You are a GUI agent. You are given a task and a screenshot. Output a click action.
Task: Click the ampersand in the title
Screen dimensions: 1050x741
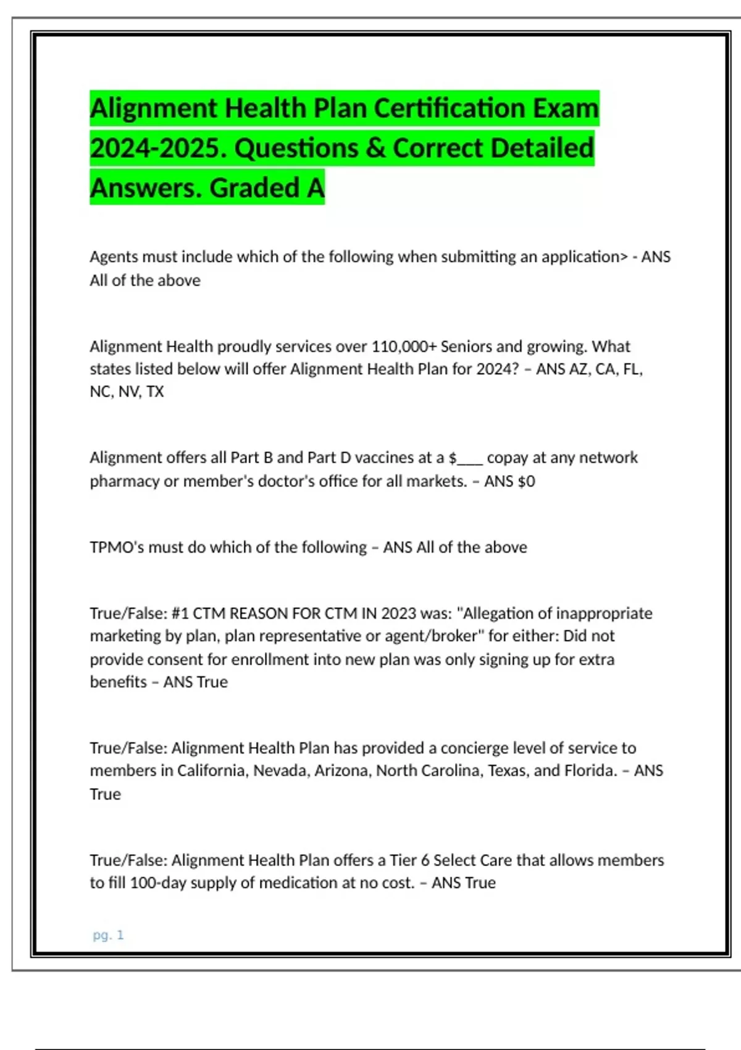point(375,148)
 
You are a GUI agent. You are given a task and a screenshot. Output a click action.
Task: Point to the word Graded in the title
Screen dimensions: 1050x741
point(255,188)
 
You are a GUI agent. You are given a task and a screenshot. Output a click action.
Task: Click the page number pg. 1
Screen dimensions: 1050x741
point(108,935)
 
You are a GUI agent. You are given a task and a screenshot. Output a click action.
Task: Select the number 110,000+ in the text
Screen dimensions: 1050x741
point(404,346)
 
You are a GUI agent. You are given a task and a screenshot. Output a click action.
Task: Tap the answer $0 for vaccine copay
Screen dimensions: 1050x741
point(526,481)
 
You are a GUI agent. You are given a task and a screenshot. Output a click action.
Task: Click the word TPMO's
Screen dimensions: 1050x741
point(117,547)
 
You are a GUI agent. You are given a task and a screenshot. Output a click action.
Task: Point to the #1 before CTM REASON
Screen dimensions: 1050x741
point(180,613)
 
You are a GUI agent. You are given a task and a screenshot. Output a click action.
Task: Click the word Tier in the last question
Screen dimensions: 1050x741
point(403,860)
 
